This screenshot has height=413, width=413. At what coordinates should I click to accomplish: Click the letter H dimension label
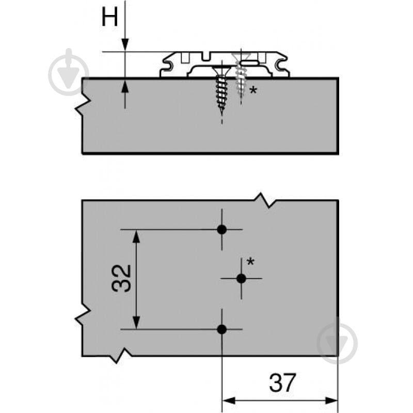(109, 17)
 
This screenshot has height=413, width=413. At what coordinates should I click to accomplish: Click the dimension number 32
(121, 278)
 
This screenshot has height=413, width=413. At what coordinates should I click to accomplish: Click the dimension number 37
(282, 383)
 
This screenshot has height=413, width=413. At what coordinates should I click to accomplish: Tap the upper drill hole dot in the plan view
(222, 230)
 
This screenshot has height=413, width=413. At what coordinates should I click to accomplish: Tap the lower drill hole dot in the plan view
(222, 329)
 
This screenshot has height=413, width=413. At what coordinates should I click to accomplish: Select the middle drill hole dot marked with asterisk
(241, 278)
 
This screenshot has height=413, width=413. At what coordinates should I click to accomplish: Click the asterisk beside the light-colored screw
(253, 90)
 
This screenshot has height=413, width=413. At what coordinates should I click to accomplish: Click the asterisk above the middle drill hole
(250, 262)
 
